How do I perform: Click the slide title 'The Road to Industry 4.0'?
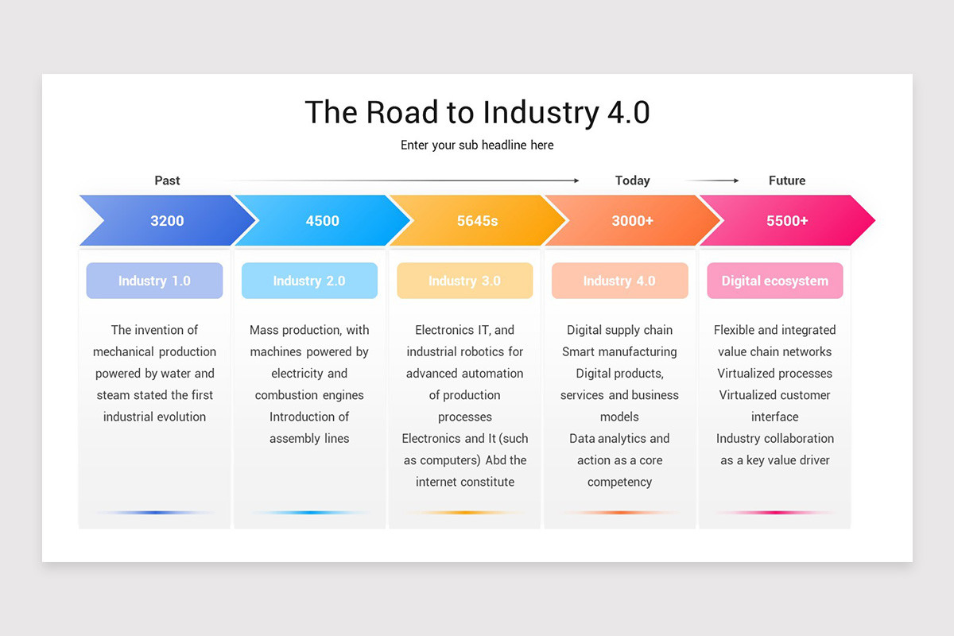coord(477,112)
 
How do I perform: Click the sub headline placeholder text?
coord(477,145)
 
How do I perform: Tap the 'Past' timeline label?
coord(167,180)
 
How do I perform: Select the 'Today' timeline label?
coord(632,180)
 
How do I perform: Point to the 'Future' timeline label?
coord(787,180)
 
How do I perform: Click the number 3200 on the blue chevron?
coord(167,221)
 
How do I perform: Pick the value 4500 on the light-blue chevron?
coord(322,221)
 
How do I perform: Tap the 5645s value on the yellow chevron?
coord(477,221)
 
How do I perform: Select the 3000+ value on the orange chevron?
coord(632,221)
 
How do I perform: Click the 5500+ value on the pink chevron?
coord(787,221)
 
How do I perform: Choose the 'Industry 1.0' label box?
coord(154,281)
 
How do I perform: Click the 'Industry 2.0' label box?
coord(309,281)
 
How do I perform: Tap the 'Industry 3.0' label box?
coord(464,281)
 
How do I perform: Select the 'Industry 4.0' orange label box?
coord(619,281)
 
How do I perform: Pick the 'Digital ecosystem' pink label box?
coord(774,281)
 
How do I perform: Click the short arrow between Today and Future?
coord(712,180)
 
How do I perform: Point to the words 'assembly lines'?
coord(309,438)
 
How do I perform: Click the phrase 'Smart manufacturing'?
coord(619,351)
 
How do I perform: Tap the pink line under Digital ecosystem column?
coord(774,513)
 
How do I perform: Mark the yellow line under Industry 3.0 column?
coord(464,513)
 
